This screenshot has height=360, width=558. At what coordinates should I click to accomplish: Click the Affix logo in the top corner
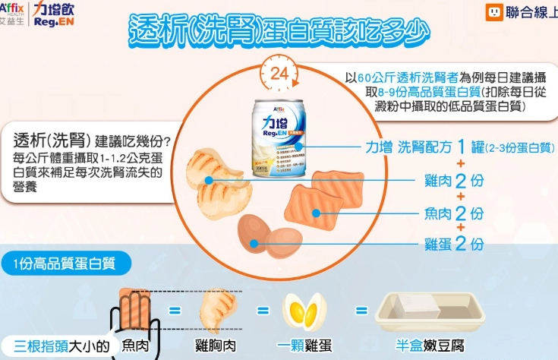14,13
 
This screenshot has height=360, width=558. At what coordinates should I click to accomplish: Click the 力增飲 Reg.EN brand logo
52,14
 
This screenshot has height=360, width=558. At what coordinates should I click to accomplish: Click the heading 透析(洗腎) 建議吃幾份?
91,141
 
